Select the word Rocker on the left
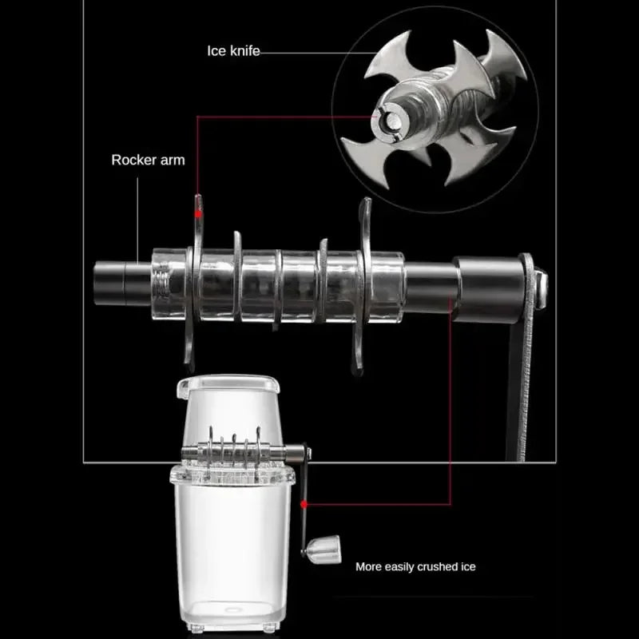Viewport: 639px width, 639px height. point(132,160)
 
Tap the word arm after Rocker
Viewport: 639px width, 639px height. point(172,160)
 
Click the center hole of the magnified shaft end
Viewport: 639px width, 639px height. point(392,121)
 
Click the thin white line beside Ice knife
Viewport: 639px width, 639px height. point(300,52)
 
